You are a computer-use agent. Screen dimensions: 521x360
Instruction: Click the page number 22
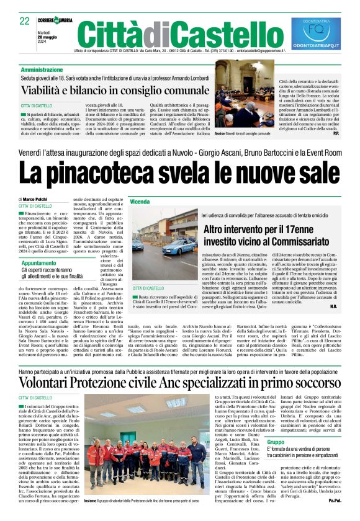point(25,21)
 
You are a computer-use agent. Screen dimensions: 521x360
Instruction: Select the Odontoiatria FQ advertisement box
point(316,33)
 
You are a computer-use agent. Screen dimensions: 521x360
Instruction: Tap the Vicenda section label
point(140,202)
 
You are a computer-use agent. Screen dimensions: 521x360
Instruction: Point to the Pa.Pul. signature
point(335,517)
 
